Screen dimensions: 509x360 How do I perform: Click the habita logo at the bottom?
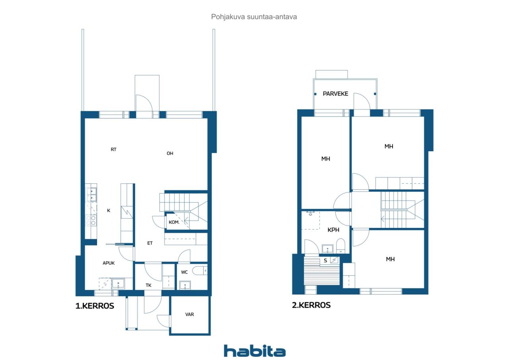[255, 351]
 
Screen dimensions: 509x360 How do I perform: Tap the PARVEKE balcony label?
[335, 93]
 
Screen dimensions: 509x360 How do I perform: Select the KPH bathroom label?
[333, 230]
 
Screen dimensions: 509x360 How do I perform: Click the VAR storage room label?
[190, 314]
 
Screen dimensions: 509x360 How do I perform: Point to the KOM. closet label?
[174, 222]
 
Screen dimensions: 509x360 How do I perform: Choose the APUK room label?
[109, 263]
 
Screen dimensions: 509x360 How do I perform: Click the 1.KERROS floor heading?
[95, 306]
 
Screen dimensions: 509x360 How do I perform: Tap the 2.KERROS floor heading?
[311, 305]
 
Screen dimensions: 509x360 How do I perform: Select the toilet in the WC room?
[200, 270]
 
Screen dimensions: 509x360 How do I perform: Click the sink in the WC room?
[185, 285]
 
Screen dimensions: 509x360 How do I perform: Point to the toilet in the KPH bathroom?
[340, 246]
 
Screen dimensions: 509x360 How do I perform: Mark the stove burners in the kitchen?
[91, 220]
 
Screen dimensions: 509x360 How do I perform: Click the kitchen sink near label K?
[91, 195]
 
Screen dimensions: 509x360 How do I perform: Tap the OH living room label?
[170, 154]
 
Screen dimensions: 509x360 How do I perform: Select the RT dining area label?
[113, 150]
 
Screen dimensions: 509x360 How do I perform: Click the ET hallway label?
[150, 243]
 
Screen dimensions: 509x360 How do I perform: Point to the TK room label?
[148, 285]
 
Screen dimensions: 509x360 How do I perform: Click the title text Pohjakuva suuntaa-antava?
[254, 17]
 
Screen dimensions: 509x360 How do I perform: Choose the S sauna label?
[325, 261]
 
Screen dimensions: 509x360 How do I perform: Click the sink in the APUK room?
[118, 284]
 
